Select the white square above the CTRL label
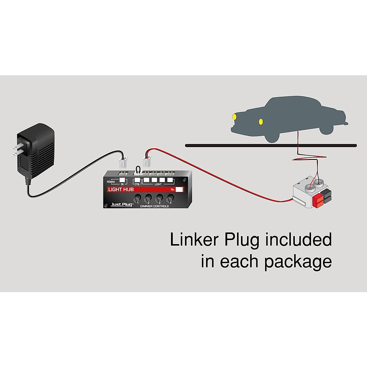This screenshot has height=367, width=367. coord(137,180)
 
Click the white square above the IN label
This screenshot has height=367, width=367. coord(122,180)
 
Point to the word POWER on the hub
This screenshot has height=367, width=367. coord(111,182)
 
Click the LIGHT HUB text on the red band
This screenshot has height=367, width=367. coord(121,190)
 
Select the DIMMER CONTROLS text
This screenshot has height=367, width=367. coord(154,206)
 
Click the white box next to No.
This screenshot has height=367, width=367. coord(179,190)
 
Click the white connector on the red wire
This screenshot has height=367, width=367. coord(147,161)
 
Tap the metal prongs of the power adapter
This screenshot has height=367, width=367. coord(19,149)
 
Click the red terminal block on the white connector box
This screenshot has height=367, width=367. coord(317,202)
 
